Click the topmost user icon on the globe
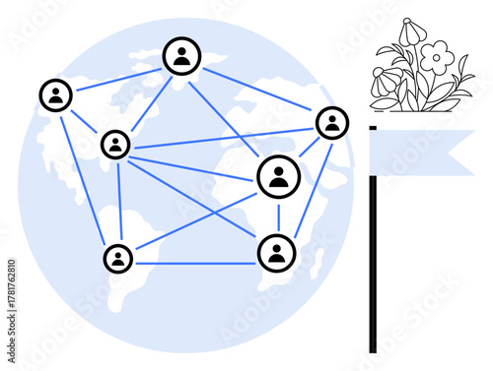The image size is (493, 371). click(181, 56)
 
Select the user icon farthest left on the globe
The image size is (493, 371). click(56, 95)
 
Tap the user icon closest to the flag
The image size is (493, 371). click(331, 122)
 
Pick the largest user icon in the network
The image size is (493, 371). click(279, 176)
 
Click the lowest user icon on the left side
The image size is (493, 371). click(118, 258)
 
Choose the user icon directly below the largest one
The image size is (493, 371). click(277, 252)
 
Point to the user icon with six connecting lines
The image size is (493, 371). click(116, 145)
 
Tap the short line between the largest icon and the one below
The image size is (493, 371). click(278, 215)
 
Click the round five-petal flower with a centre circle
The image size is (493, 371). click(436, 56)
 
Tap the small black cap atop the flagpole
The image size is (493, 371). click(373, 127)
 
